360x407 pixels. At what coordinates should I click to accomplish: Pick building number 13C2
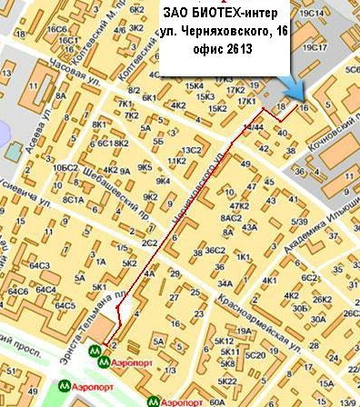point(191,150)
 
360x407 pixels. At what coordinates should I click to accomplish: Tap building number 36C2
point(215,250)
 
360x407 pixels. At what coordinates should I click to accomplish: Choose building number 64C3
point(39,265)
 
